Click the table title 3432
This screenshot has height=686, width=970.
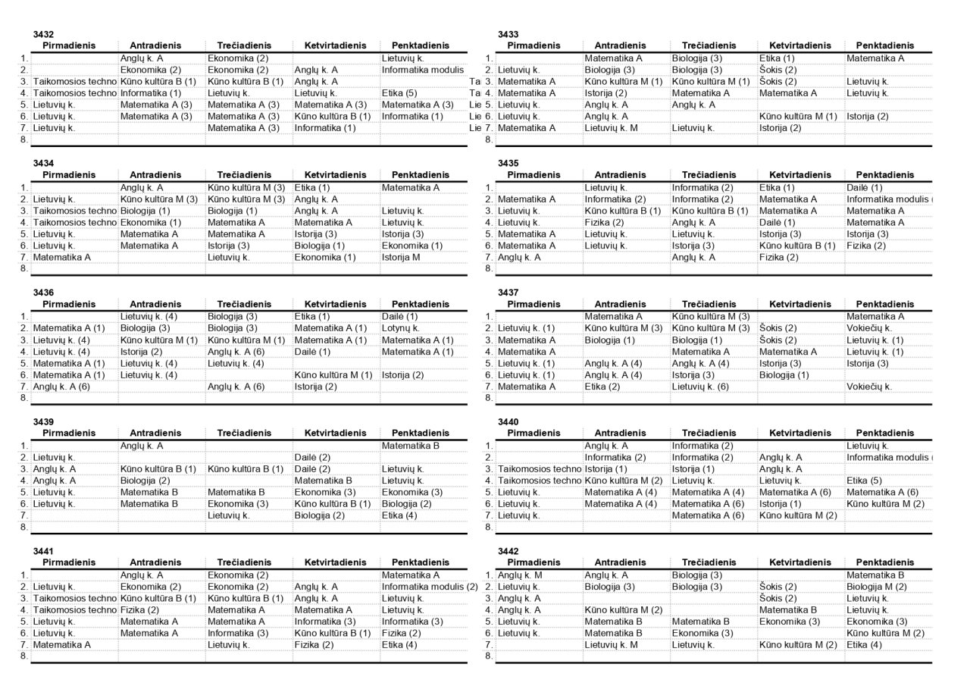(43, 35)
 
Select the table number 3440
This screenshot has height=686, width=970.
(508, 422)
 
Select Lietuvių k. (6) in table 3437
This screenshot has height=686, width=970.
(700, 387)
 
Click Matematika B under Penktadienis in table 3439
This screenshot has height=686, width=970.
(411, 446)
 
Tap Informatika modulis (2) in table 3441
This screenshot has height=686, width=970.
(429, 587)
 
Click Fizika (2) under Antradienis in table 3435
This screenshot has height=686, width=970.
(604, 222)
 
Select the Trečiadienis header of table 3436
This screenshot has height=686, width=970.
(244, 304)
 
